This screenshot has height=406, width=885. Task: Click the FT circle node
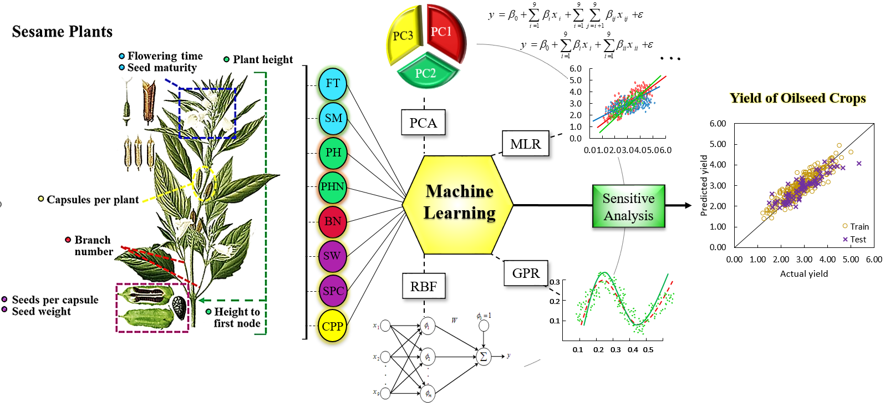tap(333, 84)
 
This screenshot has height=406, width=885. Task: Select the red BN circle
tap(333, 222)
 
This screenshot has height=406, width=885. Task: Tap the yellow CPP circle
tap(333, 326)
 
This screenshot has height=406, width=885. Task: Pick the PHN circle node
tap(333, 187)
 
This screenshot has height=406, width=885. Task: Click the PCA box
tap(423, 123)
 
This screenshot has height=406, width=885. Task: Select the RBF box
tap(423, 287)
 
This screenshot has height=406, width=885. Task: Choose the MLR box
tap(525, 144)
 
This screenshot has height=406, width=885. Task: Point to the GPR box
tap(526, 273)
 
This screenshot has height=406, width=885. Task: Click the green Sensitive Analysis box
tap(628, 207)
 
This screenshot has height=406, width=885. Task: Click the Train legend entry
tap(856, 226)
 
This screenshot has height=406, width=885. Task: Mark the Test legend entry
tap(855, 240)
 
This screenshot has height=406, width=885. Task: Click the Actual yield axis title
tap(803, 273)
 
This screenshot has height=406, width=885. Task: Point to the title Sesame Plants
tap(62, 32)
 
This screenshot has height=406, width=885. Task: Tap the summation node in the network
tap(483, 357)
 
